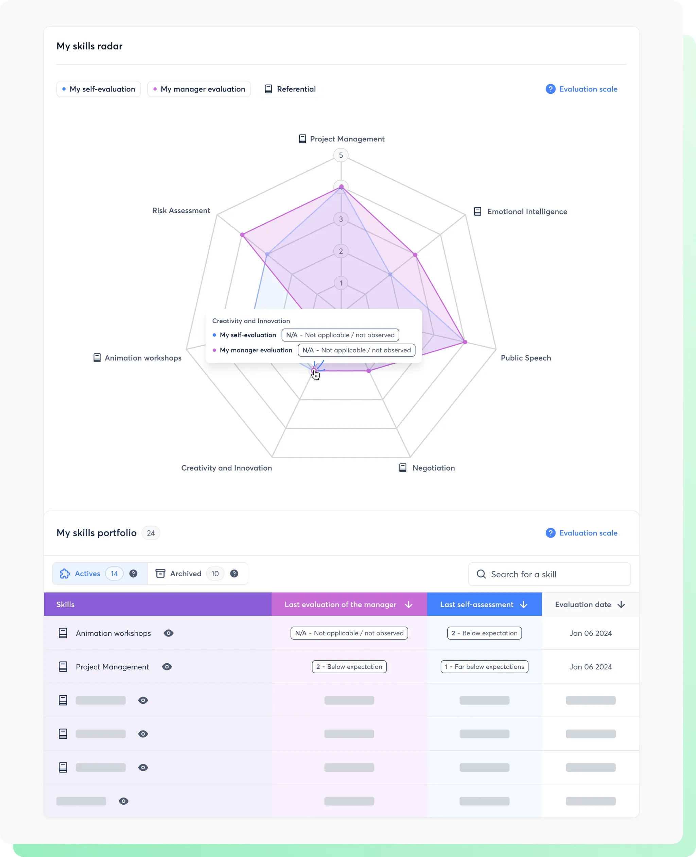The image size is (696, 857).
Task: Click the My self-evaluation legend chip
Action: (99, 89)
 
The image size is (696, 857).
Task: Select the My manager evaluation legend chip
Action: (199, 89)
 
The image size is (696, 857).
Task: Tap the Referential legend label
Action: (290, 89)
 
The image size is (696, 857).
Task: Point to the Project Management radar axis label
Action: (347, 139)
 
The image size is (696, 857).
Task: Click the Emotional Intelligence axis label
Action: (526, 212)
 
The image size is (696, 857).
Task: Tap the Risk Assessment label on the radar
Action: (181, 211)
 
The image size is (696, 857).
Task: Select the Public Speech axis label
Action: (526, 358)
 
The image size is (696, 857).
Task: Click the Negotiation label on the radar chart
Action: (433, 468)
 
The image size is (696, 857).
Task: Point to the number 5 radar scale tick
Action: (341, 155)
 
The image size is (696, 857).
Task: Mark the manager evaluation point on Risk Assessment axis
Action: (242, 235)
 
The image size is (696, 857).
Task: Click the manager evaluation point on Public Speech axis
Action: (465, 342)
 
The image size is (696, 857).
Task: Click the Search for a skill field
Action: (549, 574)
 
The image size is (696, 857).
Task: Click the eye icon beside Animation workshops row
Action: (168, 633)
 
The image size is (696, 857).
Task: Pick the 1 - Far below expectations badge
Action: (484, 667)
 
